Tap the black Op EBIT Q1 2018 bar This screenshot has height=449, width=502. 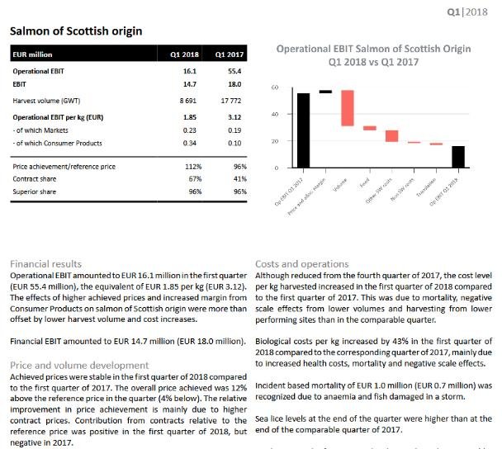[x=457, y=157]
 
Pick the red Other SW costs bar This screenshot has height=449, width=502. [x=391, y=136]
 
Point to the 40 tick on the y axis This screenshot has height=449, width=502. [x=274, y=114]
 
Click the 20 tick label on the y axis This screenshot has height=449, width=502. [x=274, y=141]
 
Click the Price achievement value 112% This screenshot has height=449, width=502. [x=192, y=168]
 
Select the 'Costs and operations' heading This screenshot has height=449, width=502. [x=302, y=264]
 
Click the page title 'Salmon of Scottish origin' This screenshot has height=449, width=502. [x=75, y=31]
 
